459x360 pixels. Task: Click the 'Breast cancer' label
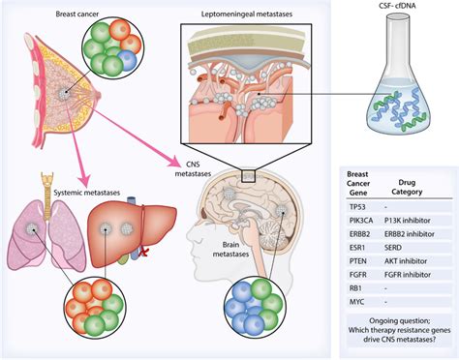49,15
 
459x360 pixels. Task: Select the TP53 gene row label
359,205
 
